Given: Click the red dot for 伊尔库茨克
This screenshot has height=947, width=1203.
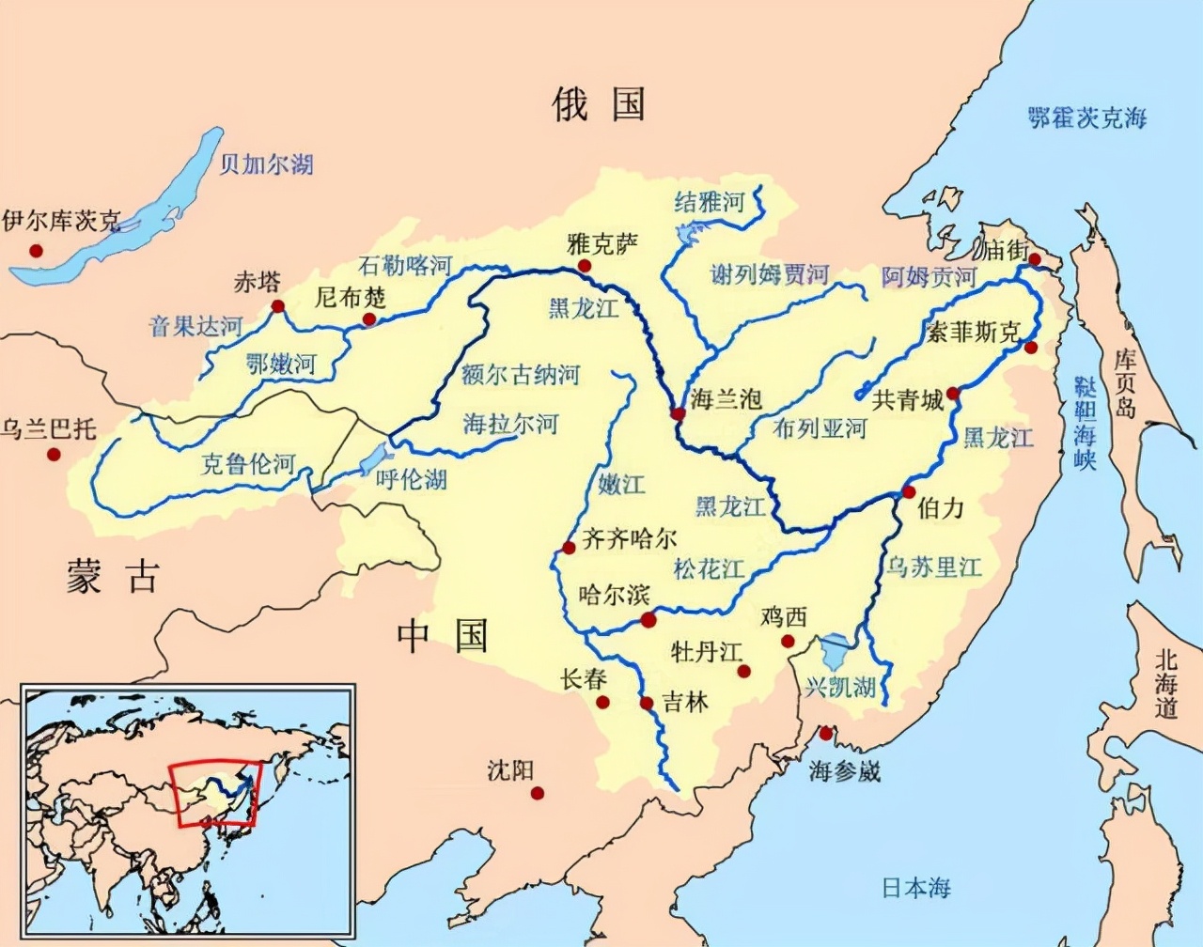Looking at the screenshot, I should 36,251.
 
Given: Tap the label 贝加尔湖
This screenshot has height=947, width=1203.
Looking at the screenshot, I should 266,165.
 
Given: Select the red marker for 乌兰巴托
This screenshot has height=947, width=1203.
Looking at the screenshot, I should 54,455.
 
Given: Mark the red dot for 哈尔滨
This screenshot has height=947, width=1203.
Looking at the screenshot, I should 648,619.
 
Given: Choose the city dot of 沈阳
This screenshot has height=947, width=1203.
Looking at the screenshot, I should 538,794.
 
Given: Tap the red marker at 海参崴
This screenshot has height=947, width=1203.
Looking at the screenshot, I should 826,734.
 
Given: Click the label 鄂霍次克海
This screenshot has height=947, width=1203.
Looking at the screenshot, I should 1087,118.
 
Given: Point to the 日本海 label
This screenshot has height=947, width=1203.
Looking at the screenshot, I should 916,888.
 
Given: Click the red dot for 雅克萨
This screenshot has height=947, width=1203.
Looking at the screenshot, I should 586,266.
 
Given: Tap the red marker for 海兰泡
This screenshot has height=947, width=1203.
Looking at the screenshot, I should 678,413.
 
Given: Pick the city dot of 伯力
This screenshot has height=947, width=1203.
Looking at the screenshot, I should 909,492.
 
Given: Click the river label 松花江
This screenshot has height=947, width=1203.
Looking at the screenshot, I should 709,568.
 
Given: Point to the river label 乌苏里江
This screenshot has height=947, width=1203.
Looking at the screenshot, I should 935,567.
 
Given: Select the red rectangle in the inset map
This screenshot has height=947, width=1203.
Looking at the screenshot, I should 211,795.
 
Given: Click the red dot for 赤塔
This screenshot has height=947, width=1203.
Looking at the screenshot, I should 277,306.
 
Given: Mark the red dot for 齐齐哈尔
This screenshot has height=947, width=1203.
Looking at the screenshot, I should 569,548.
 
